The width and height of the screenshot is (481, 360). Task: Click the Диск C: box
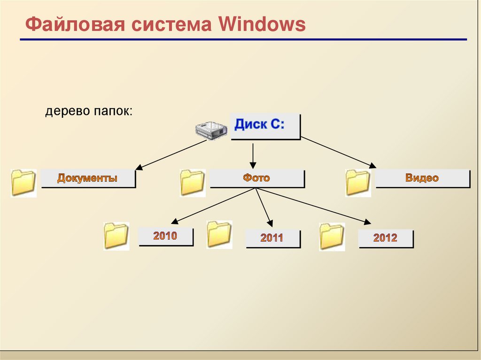pos(264,126)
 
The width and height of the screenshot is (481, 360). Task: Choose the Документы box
pos(88,178)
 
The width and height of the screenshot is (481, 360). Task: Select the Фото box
pos(256,178)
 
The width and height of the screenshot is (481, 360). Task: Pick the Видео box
pos(422,178)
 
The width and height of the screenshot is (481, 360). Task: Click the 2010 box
pos(165,236)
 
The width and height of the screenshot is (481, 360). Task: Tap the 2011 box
pos(272,238)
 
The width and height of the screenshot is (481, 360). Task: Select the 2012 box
pos(385,238)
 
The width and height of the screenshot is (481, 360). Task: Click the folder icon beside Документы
pos(23,183)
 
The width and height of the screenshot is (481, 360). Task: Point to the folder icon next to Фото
pos(193,183)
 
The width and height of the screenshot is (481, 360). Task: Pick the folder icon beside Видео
pos(358,183)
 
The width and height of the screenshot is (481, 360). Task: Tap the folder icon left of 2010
pos(116,236)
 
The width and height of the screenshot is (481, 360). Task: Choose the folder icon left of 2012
pos(332,237)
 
